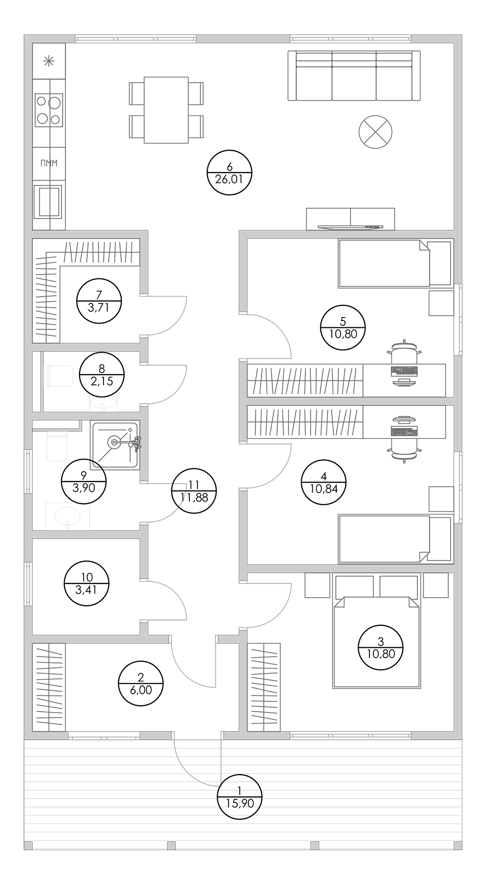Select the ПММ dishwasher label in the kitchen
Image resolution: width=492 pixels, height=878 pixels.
pos(49,163)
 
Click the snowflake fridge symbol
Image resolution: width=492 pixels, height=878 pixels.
pos(48,61)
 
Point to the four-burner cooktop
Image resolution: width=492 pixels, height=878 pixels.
pos(49,110)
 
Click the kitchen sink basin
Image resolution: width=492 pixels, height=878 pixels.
pos(48,201)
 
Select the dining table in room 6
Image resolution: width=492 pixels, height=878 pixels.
pos(166,110)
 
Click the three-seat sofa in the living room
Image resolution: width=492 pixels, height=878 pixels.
pos(354,76)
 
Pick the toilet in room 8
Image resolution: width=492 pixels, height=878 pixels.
pos(58,376)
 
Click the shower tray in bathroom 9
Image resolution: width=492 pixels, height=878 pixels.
pos(115,445)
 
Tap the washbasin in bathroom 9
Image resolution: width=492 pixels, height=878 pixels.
pos(68,517)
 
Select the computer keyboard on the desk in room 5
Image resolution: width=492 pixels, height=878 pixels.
pos(405,371)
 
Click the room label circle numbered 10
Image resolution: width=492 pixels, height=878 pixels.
pos(86,583)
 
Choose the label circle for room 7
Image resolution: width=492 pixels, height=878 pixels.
pos(99,301)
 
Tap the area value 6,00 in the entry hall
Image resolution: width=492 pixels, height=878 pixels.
pos(141,690)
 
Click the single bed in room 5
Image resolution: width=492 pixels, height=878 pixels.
pos(395,263)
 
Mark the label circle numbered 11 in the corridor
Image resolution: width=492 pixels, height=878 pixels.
pos(194,491)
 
